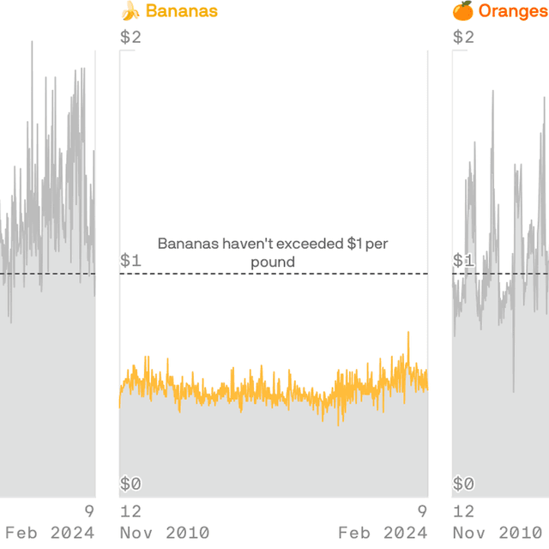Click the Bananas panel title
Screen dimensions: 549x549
(x=181, y=11)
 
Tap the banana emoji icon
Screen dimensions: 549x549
(x=130, y=11)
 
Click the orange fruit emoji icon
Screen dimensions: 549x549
(x=463, y=11)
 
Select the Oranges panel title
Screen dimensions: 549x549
(x=513, y=11)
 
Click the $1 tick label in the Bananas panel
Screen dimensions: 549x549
(x=130, y=260)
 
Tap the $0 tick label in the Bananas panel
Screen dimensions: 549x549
(x=130, y=484)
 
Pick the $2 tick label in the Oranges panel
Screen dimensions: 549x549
(x=463, y=37)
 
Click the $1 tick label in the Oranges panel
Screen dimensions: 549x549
(x=463, y=260)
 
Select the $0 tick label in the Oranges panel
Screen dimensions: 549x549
(x=463, y=484)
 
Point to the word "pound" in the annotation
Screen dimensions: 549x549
(x=273, y=262)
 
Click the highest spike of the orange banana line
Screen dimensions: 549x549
(x=408, y=333)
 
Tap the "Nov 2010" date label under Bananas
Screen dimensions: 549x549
(x=164, y=533)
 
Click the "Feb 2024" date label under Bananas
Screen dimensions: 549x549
(x=383, y=533)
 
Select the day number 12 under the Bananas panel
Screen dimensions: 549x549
(x=130, y=511)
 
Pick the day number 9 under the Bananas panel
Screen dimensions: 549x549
(x=422, y=511)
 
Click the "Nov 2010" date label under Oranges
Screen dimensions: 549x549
(x=501, y=533)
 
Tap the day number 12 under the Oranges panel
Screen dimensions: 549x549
(x=463, y=511)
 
